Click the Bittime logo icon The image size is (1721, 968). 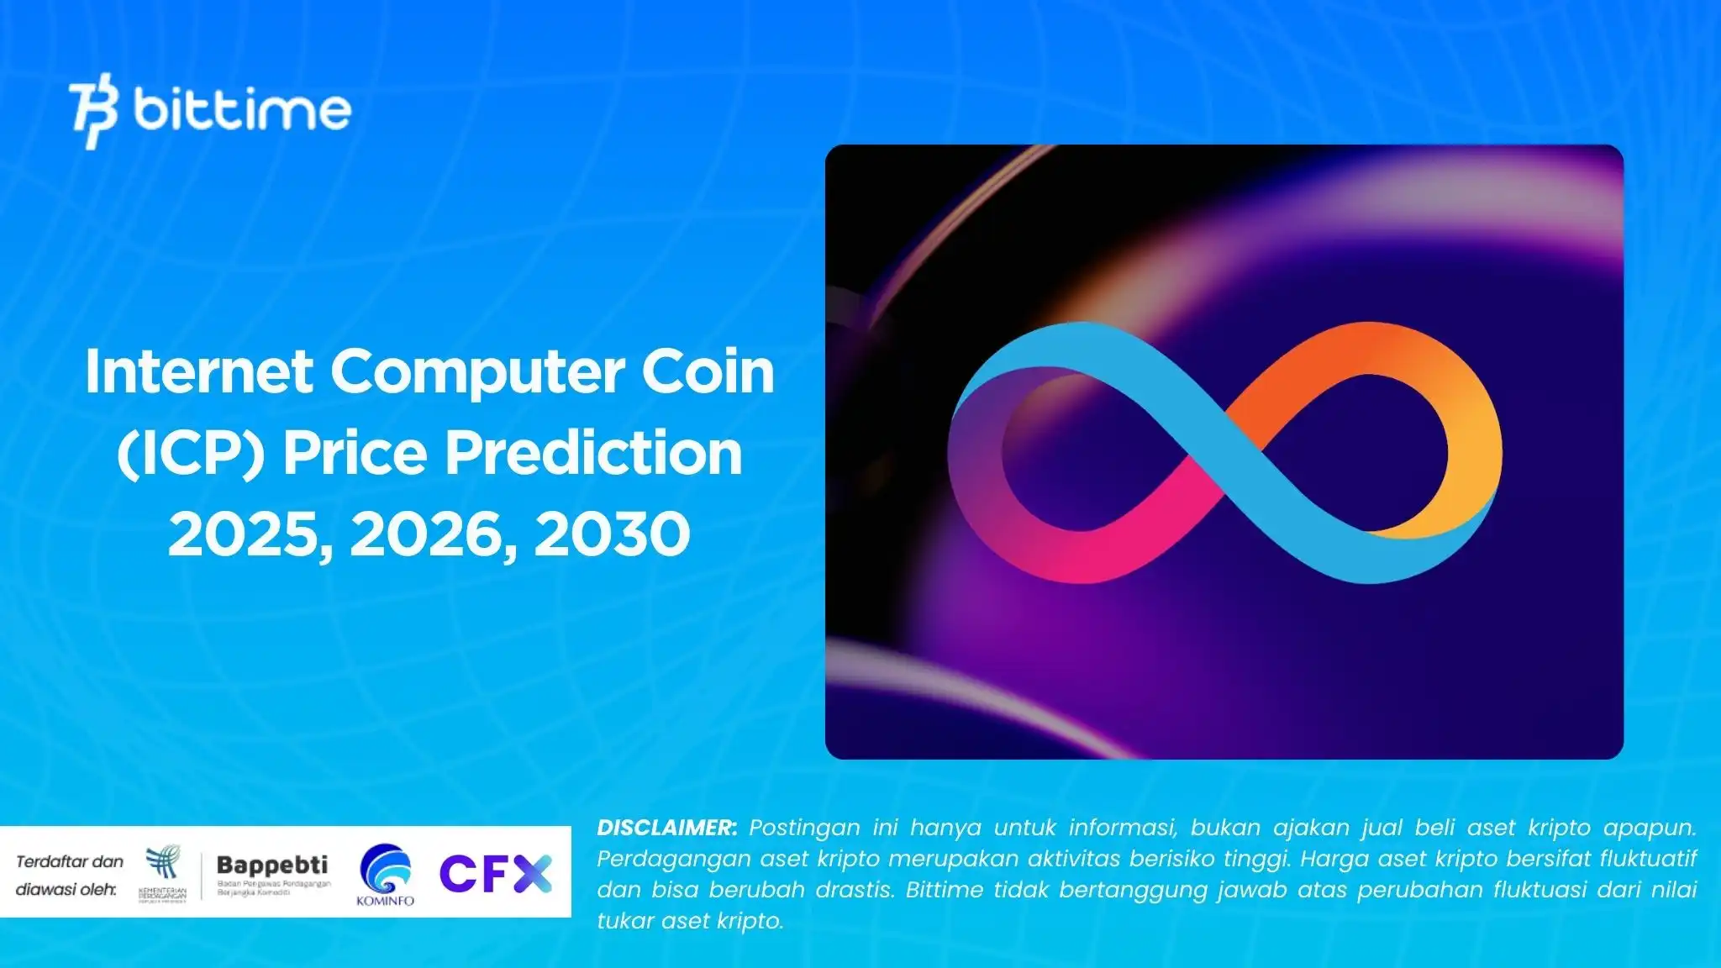pos(92,110)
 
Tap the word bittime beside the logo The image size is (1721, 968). pos(242,109)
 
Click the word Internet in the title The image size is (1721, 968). pos(199,371)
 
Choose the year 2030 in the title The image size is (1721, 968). pos(613,534)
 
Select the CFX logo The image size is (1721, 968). pos(495,874)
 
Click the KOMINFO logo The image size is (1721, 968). pos(385,874)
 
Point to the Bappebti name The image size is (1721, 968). pos(272,865)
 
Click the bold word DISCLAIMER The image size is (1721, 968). pos(666,828)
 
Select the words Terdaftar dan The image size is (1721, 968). pos(70,861)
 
